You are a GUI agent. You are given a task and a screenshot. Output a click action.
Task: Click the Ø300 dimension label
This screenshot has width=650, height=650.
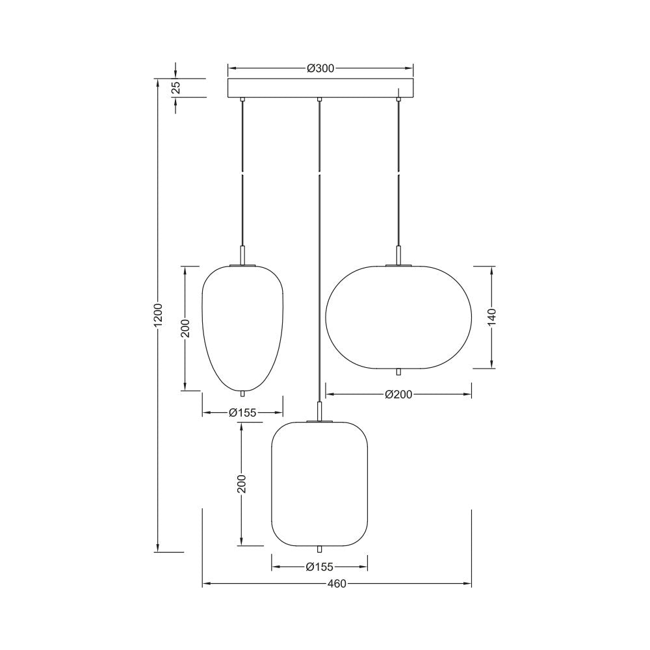pyautogui.click(x=320, y=68)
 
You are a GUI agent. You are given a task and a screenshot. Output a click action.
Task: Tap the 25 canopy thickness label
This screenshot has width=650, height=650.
pyautogui.click(x=176, y=88)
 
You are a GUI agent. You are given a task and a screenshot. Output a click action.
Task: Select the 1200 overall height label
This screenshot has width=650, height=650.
pyautogui.click(x=157, y=316)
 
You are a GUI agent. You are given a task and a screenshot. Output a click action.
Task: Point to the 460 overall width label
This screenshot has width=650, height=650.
pyautogui.click(x=336, y=584)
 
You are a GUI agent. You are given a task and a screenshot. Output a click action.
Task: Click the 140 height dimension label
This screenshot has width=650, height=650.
pyautogui.click(x=492, y=317)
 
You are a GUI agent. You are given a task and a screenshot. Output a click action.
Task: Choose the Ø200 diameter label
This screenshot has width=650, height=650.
pyautogui.click(x=398, y=394)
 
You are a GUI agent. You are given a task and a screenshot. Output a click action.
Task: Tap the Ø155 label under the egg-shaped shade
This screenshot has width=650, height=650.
pyautogui.click(x=242, y=412)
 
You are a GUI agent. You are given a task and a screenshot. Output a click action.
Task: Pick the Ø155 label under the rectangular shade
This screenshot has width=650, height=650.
pyautogui.click(x=319, y=566)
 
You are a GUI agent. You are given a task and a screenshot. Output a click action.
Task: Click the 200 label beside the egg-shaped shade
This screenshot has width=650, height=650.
pyautogui.click(x=185, y=328)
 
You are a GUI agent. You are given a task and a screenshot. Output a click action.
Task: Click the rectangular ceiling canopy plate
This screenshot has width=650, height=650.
pyautogui.click(x=320, y=88)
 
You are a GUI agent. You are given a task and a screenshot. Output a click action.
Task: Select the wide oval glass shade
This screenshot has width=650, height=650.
pyautogui.click(x=398, y=317)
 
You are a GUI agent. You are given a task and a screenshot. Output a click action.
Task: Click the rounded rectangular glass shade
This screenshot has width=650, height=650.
pyautogui.click(x=319, y=484)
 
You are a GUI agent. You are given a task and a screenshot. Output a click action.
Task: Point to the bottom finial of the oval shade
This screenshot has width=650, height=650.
pyautogui.click(x=398, y=372)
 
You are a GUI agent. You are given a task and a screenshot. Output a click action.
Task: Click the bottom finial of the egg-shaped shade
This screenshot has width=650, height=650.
pyautogui.click(x=242, y=393)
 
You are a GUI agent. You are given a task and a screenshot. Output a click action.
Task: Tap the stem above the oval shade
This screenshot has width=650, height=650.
pyautogui.click(x=398, y=255)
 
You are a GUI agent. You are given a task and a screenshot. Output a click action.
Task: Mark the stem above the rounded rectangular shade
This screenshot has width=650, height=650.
pyautogui.click(x=319, y=411)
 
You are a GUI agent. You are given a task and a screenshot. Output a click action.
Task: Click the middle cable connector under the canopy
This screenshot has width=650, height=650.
pyautogui.click(x=319, y=100)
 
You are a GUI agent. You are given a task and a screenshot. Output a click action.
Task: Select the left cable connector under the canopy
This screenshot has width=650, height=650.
pyautogui.click(x=242, y=100)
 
